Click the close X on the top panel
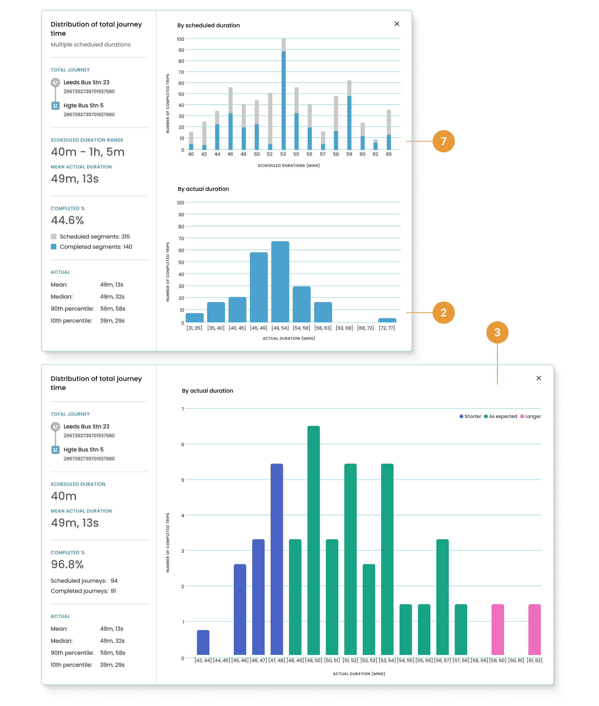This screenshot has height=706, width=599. click(x=397, y=24)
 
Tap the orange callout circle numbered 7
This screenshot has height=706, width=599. click(x=443, y=141)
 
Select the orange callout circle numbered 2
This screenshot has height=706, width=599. click(x=443, y=312)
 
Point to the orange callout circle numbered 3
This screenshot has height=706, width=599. click(x=497, y=332)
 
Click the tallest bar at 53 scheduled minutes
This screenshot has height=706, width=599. click(x=283, y=99)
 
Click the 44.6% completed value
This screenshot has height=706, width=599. click(x=67, y=220)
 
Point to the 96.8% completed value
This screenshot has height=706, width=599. click(x=67, y=564)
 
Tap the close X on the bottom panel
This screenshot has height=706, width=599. click(x=538, y=378)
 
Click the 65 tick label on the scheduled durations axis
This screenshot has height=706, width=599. click(x=388, y=154)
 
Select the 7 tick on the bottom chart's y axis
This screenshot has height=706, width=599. click(x=183, y=409)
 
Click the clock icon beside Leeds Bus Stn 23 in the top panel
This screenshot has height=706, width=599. click(x=55, y=83)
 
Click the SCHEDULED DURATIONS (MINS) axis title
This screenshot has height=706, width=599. click(x=289, y=166)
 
